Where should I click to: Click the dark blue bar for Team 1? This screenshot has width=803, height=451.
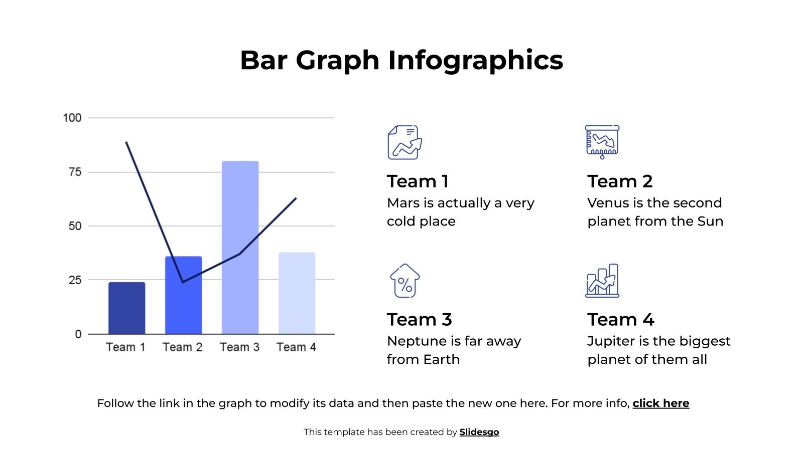coord(126,308)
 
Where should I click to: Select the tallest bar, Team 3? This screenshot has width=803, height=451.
coord(240,248)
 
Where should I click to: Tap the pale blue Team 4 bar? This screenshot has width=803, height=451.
coord(297,293)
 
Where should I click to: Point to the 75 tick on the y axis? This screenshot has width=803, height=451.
coord(75,172)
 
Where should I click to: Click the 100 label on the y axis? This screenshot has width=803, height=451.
coord(72,118)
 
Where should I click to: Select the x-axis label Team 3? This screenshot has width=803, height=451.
coord(239,347)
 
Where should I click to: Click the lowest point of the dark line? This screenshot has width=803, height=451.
coord(183,282)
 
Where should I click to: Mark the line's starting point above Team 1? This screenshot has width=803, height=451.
coord(126,142)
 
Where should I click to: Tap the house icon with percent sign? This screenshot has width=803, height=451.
coord(405,281)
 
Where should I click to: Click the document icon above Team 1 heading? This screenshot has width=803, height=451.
coord(405,142)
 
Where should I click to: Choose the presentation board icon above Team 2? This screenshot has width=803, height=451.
coord(602,142)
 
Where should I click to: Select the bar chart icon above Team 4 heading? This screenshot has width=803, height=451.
coord(602,281)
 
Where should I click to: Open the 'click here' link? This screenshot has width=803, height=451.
coord(660,403)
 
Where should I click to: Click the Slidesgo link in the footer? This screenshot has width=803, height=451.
coord(479,432)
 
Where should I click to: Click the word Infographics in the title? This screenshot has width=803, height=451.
coord(475,60)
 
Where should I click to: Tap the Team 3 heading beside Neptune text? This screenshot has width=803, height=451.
coord(419,319)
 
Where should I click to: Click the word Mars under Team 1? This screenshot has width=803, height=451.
coord(403,203)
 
